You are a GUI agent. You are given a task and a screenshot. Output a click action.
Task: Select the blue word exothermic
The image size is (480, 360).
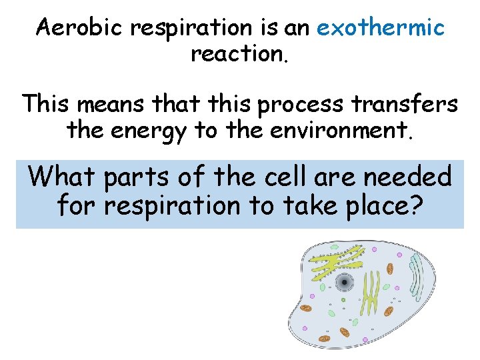tap(381, 28)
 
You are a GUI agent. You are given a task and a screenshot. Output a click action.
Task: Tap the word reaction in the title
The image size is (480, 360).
tap(239, 55)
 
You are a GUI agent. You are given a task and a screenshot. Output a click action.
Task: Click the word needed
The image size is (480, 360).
tap(414, 177)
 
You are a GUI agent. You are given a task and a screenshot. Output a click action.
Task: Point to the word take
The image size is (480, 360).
tap(315, 205)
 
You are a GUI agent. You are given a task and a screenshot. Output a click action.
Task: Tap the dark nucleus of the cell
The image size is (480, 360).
tap(344, 282)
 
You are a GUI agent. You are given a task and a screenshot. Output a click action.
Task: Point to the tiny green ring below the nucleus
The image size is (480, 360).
tap(343, 301)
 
